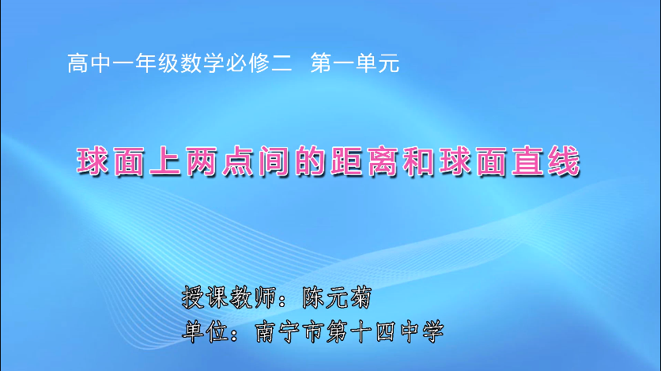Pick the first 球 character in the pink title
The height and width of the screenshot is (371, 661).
[x=93, y=161]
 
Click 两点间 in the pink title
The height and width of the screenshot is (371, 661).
[x=238, y=161]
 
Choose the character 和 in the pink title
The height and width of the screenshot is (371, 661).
[x=420, y=161]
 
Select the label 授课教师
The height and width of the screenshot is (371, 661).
[x=229, y=297]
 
